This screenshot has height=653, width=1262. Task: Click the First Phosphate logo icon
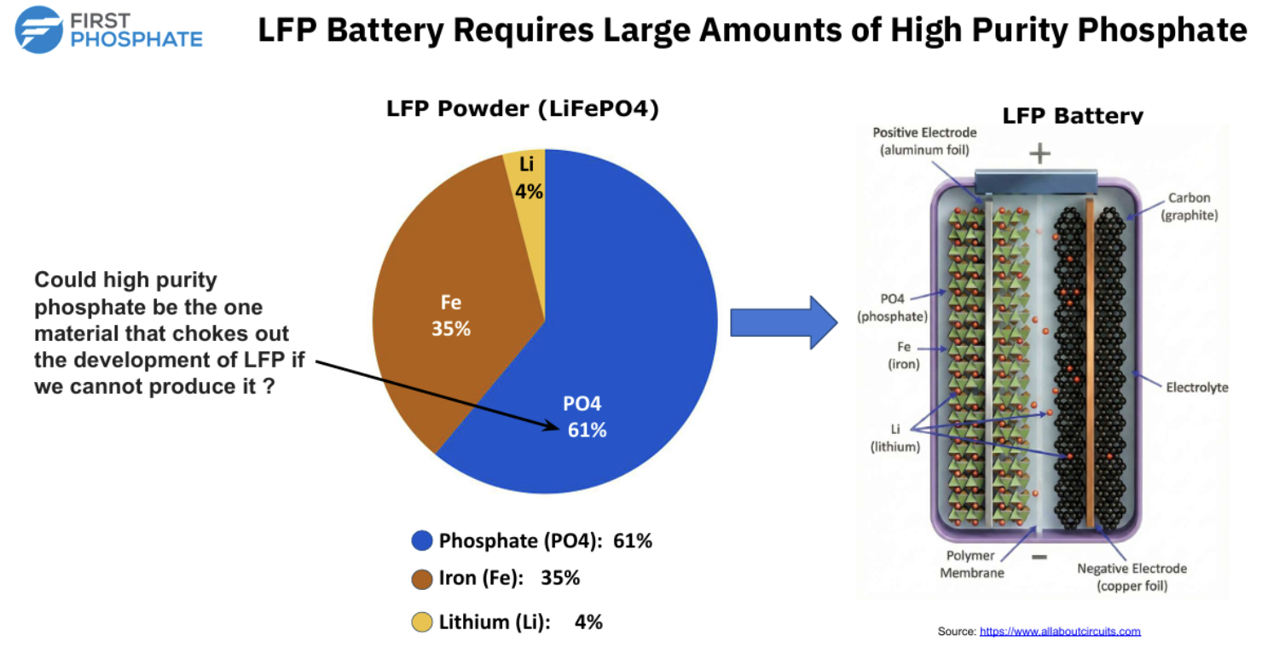coord(38,30)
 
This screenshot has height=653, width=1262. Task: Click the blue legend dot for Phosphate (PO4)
coord(422,540)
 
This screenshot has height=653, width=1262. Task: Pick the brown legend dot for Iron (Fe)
coord(422,579)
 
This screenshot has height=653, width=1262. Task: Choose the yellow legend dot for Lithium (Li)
coord(422,623)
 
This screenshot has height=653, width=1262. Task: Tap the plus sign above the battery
coord(1039,153)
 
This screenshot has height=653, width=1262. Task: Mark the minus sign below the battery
coord(1039,558)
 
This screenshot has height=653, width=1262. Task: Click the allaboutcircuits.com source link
coord(1060,632)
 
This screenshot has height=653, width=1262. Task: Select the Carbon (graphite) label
coord(1189,206)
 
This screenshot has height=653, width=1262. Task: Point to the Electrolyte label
coord(1197,387)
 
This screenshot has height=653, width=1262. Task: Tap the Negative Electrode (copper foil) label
coord(1132,577)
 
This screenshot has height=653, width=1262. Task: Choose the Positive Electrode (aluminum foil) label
coord(925,142)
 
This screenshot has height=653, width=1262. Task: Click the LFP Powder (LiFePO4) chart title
coord(523,109)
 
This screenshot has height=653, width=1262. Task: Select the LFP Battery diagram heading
coord(1073,116)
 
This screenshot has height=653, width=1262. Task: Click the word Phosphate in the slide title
coord(1162,31)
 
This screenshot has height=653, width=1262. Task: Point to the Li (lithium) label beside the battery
coord(894,438)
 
